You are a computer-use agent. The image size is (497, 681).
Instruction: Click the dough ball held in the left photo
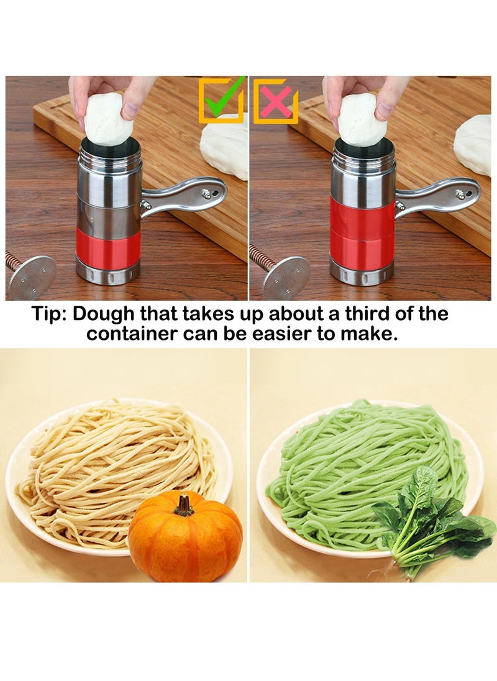coord(109,118)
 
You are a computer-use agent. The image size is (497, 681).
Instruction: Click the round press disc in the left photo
coord(32,276)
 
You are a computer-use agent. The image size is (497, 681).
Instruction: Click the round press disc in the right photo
coord(286,277)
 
